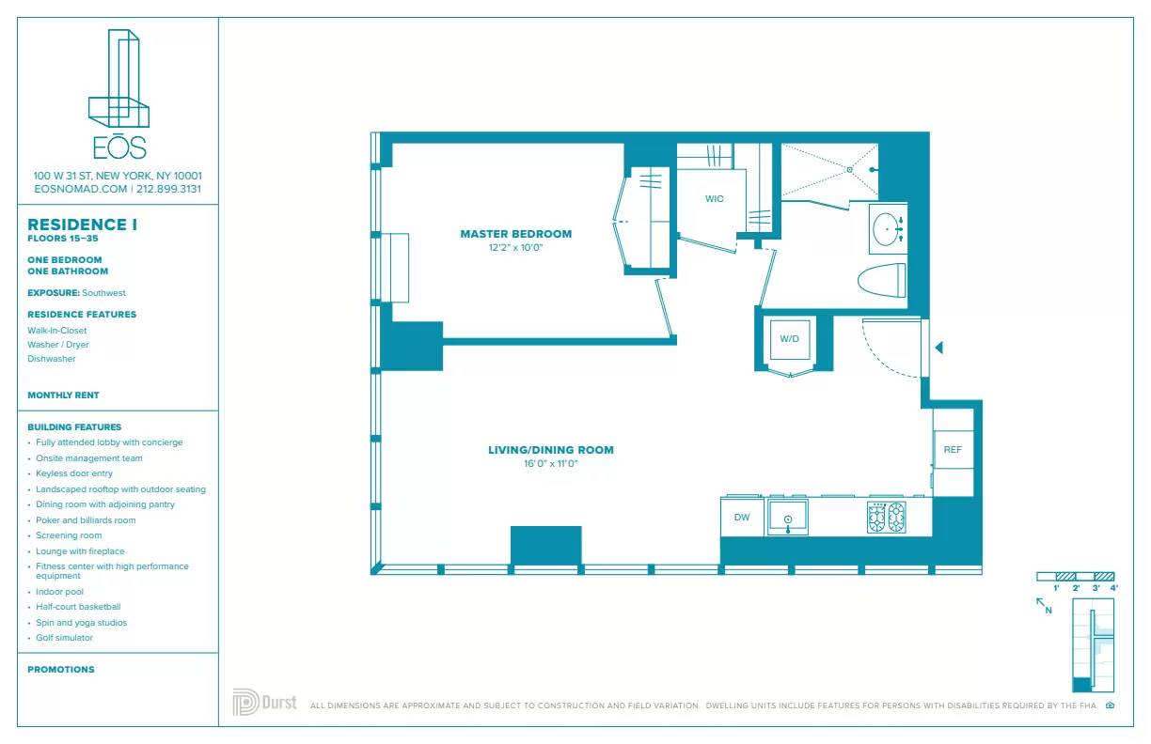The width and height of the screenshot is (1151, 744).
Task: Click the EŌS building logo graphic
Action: pyautogui.click(x=118, y=80)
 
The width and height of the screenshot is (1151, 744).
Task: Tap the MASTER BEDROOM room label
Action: pyautogui.click(x=515, y=234)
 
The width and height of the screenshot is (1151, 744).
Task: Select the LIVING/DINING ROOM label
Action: pyautogui.click(x=550, y=450)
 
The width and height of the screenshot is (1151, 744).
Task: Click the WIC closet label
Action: pyautogui.click(x=714, y=199)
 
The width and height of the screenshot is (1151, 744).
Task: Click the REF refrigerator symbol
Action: pyautogui.click(x=953, y=450)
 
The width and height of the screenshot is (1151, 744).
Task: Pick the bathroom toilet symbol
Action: pyautogui.click(x=882, y=281)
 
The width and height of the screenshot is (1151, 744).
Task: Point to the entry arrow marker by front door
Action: pyautogui.click(x=938, y=348)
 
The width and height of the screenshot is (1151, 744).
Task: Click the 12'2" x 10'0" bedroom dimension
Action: pyautogui.click(x=515, y=248)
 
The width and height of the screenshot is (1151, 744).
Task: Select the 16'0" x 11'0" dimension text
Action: pyautogui.click(x=550, y=464)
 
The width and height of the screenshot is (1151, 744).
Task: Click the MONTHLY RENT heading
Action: pyautogui.click(x=63, y=395)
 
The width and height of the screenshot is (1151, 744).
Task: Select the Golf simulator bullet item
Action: pyautogui.click(x=64, y=638)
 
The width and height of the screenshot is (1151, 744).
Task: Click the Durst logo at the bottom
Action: pyautogui.click(x=264, y=702)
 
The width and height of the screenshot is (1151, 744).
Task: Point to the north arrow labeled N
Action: pyautogui.click(x=1043, y=604)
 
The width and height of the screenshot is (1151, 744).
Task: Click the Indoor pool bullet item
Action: pyautogui.click(x=59, y=592)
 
